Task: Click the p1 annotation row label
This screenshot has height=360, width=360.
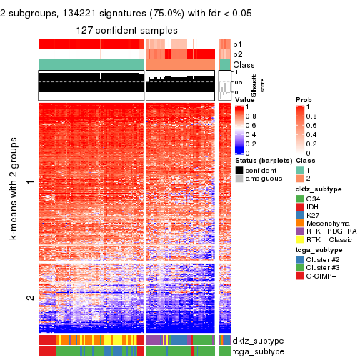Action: [x=238, y=44]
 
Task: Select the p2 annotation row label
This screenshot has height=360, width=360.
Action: [x=238, y=54]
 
